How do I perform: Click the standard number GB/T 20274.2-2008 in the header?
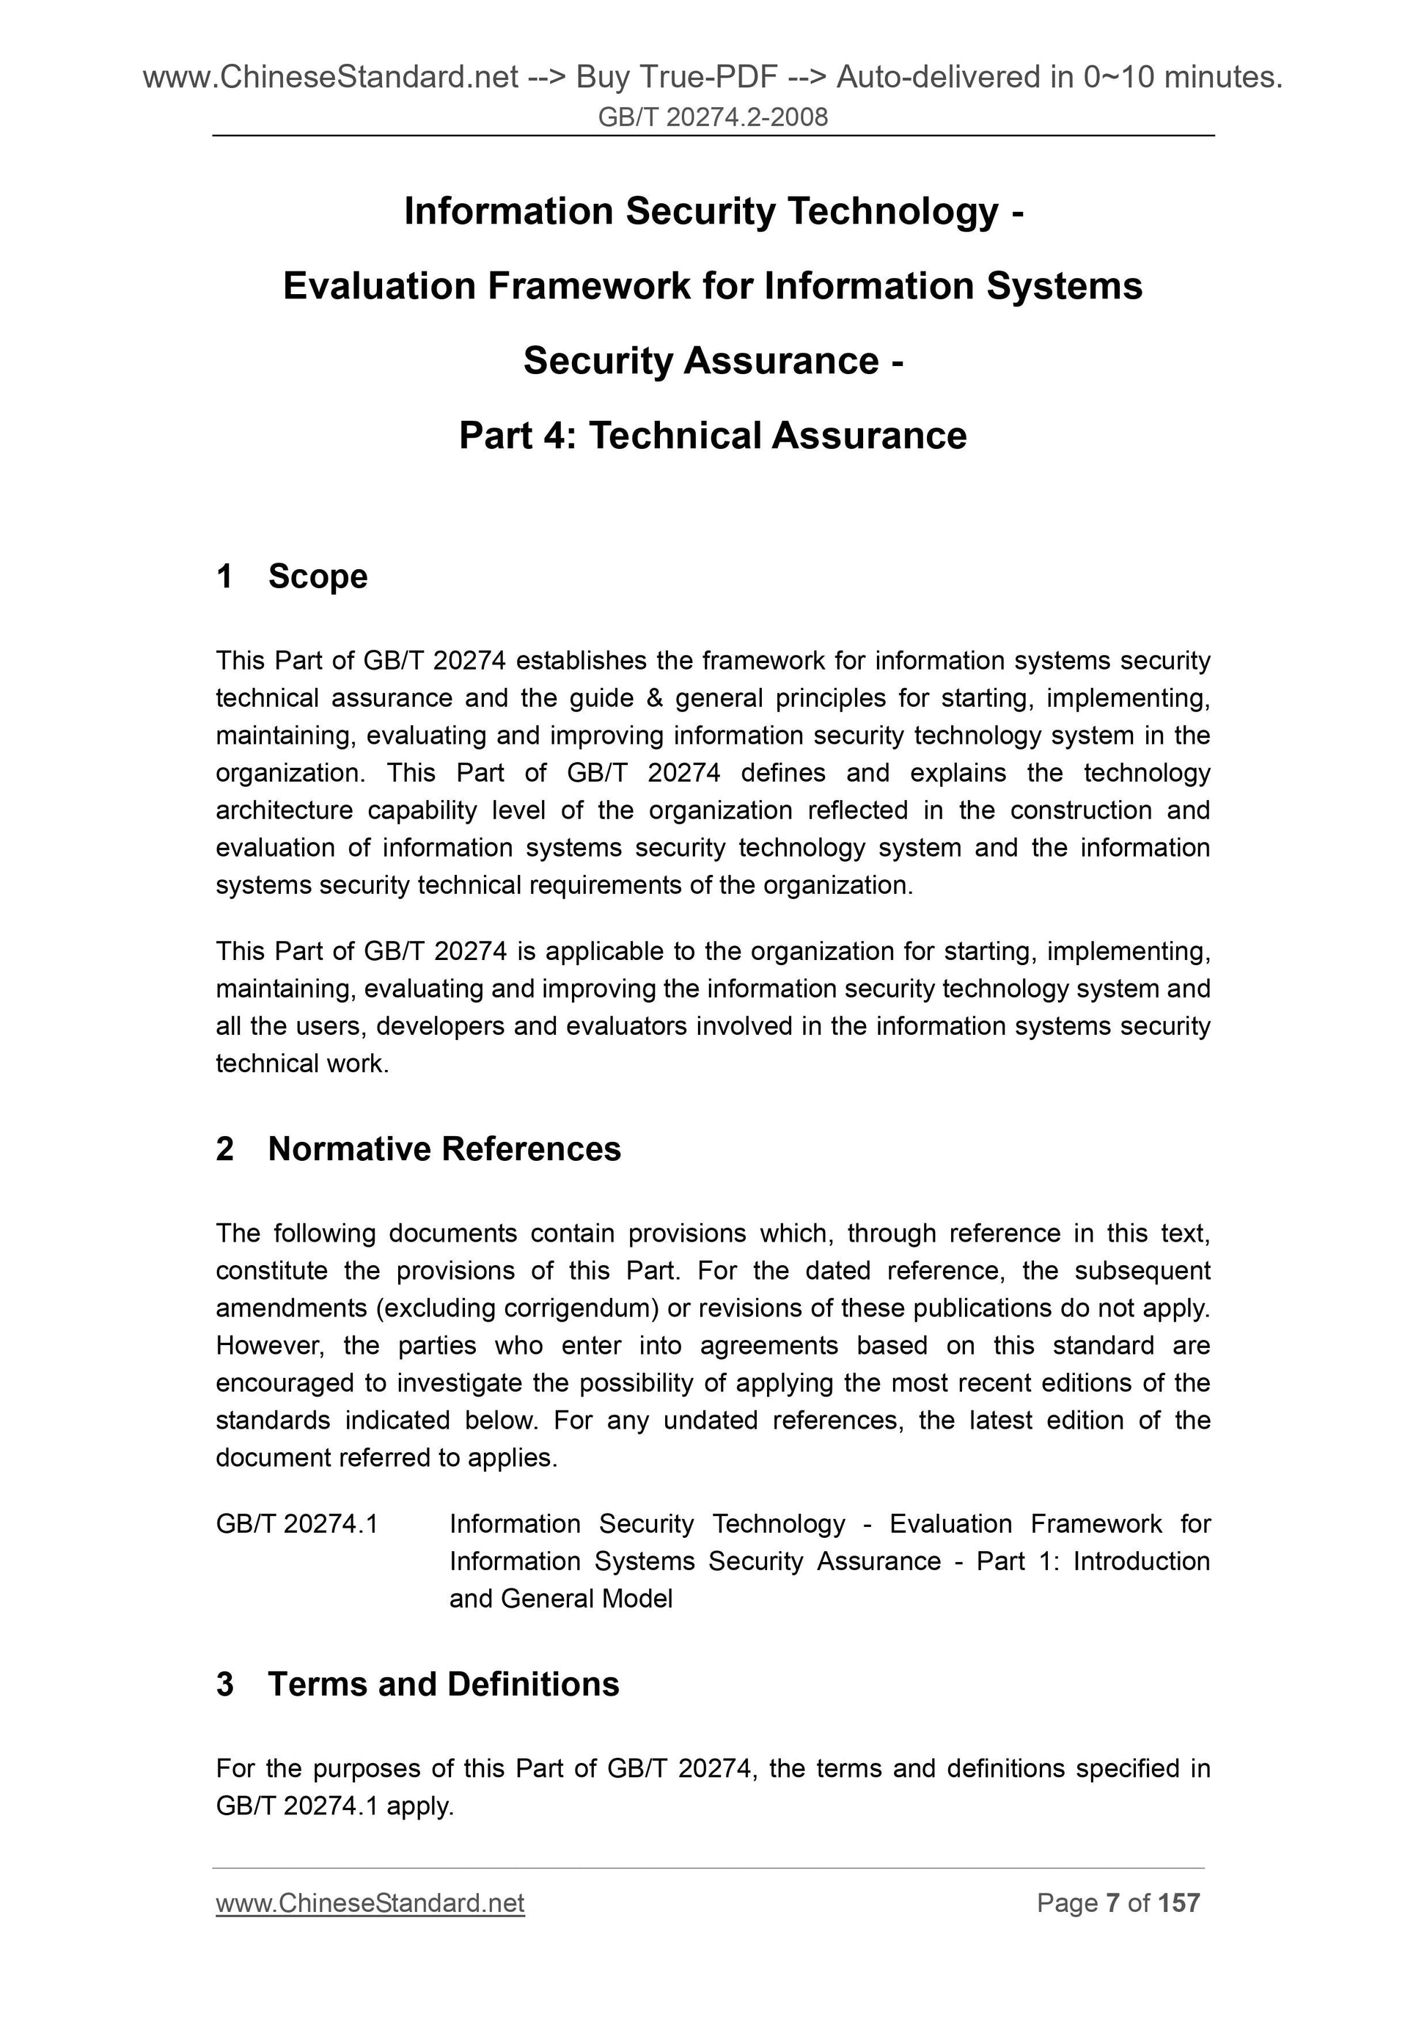(712, 117)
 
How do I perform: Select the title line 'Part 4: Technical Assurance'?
(712, 436)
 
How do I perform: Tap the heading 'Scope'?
(318, 577)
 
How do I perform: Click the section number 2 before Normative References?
(225, 1149)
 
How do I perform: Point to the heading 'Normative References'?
(444, 1149)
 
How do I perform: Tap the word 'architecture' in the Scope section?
(284, 810)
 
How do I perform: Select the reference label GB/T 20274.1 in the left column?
(297, 1524)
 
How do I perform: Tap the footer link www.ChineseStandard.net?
(370, 1903)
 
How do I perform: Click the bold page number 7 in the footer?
(1112, 1903)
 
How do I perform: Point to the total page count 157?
(1179, 1903)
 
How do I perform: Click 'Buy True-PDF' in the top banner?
(676, 78)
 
